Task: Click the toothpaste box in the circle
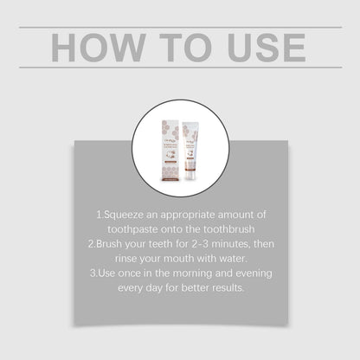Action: (166, 138)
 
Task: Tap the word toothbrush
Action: (228, 228)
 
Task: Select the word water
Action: (238, 259)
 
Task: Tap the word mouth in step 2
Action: (183, 259)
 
